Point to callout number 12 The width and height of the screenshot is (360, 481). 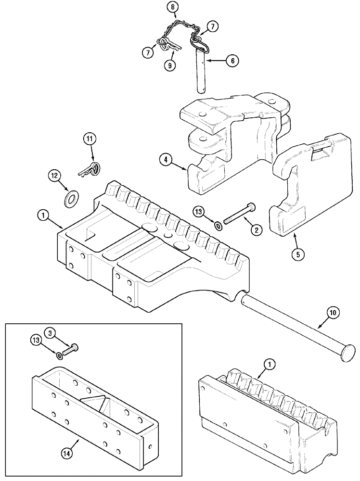click(x=54, y=176)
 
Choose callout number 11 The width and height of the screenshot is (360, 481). click(x=89, y=139)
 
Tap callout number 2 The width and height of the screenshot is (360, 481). click(x=256, y=230)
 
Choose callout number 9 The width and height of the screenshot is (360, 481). click(x=168, y=66)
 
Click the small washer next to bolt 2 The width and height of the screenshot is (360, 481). click(x=218, y=224)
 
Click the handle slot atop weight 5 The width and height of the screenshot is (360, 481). click(x=320, y=154)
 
